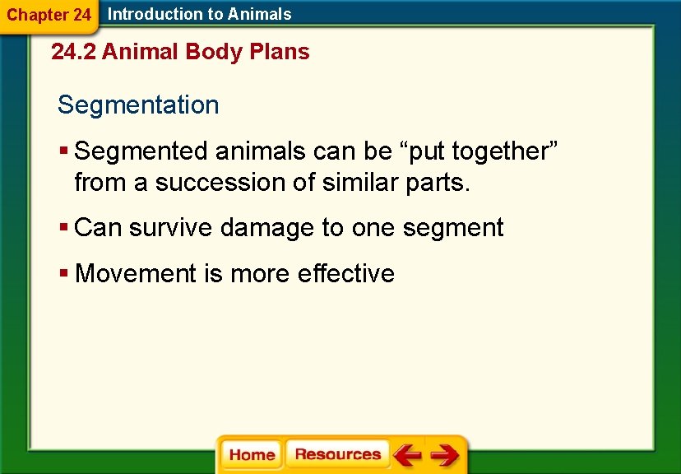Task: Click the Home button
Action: pos(252,455)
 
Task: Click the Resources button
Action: pos(337,454)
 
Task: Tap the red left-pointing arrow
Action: pos(406,454)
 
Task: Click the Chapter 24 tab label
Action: pos(49,15)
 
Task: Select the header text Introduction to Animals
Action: pos(200,14)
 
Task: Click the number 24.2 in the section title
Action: pos(73,52)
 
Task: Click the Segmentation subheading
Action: pos(138,105)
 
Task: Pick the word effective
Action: pos(346,273)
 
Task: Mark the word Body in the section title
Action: pos(213,52)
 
